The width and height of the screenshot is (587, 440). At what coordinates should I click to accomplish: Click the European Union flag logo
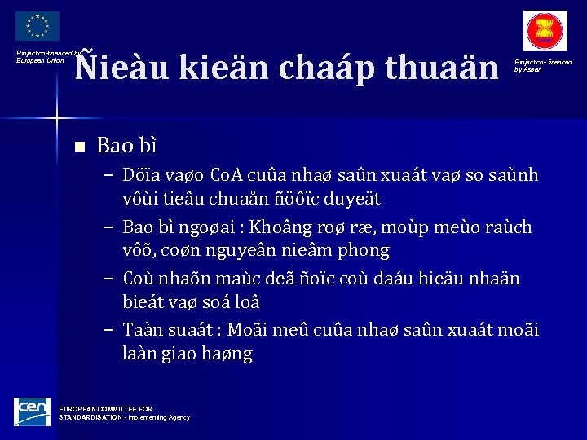(x=37, y=25)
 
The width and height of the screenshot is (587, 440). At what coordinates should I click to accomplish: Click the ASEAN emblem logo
(x=545, y=31)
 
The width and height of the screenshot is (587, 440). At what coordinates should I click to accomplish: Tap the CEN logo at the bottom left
(x=32, y=411)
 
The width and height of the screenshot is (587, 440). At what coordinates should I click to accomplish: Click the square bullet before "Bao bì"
(x=79, y=147)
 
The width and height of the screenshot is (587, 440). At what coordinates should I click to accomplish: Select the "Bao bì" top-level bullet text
(x=126, y=146)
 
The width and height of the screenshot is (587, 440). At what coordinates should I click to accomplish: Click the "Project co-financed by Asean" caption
(x=543, y=65)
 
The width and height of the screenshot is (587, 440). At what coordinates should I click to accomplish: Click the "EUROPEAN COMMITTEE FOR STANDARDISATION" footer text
(x=122, y=412)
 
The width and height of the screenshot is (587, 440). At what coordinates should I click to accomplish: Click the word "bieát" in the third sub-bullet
(x=143, y=302)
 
